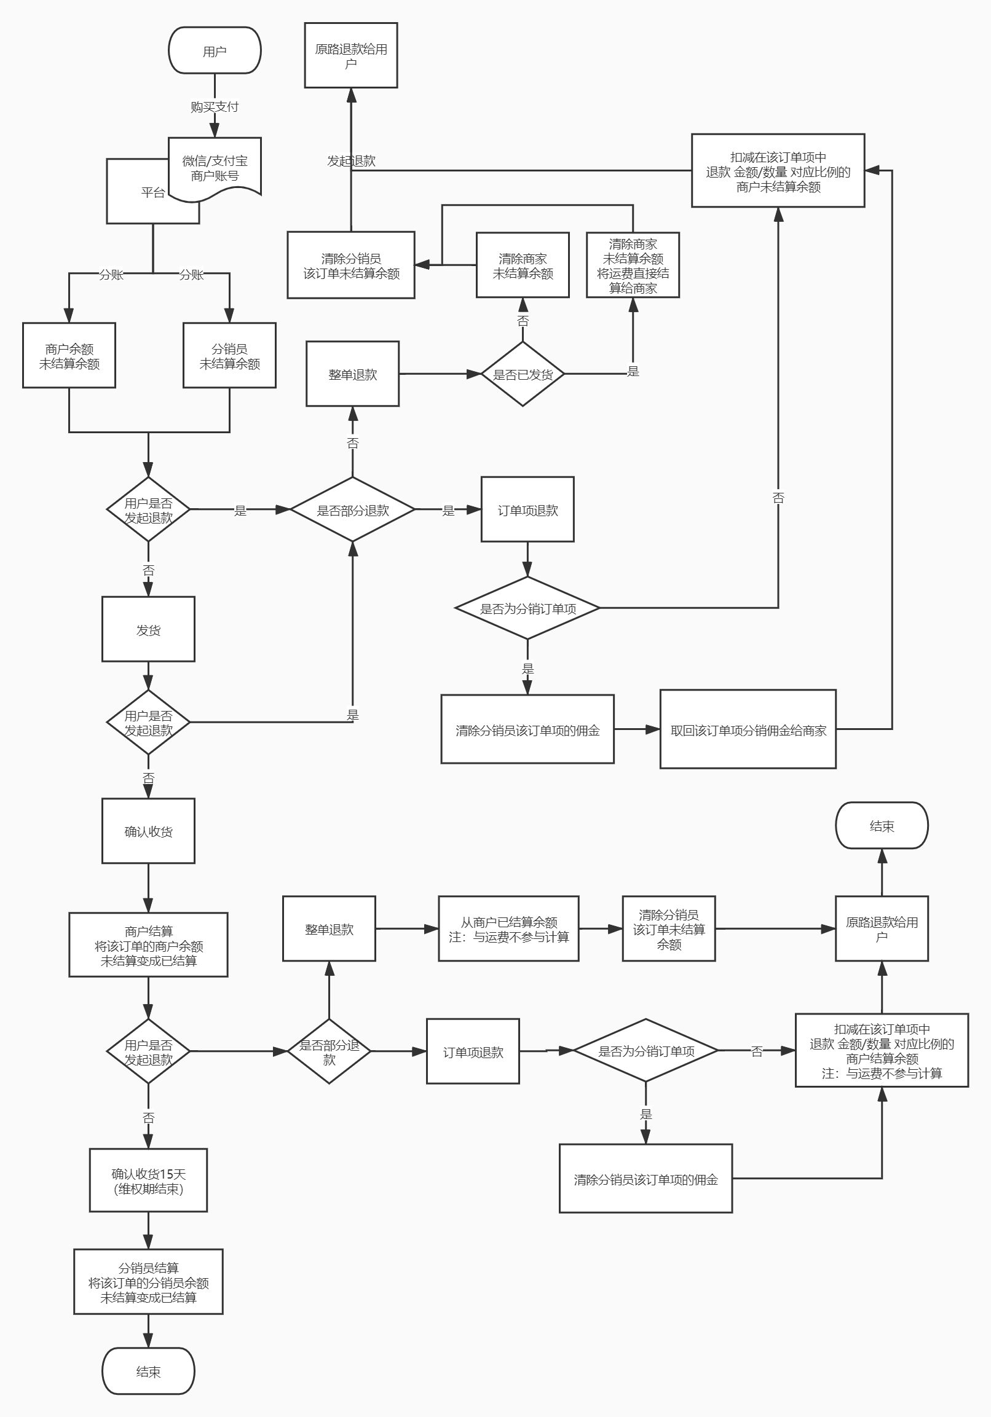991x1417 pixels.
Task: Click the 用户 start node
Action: point(215,50)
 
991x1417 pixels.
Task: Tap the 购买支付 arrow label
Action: point(215,107)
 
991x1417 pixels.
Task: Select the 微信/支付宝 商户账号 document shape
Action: point(215,168)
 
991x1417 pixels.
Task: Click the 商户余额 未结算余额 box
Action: point(69,356)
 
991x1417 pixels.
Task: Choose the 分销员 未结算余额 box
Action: point(230,356)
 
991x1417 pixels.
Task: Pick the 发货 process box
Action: point(148,629)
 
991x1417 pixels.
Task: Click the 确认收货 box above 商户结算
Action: point(148,831)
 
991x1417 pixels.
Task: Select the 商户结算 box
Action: point(148,946)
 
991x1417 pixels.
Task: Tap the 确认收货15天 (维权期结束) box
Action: point(148,1180)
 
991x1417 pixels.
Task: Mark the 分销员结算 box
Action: point(148,1282)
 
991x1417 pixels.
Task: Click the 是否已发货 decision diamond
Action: point(523,374)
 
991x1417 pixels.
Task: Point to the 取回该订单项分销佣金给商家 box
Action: point(748,730)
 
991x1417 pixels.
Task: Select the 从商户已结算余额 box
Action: point(509,929)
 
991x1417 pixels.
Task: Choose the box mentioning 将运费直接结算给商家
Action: point(633,265)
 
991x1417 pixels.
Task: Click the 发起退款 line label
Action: point(351,161)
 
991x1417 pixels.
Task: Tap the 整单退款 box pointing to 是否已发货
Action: point(352,374)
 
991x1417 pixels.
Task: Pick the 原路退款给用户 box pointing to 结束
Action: point(882,929)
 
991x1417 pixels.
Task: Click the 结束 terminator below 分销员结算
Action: point(148,1372)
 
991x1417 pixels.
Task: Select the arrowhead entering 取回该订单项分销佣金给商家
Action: point(653,729)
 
